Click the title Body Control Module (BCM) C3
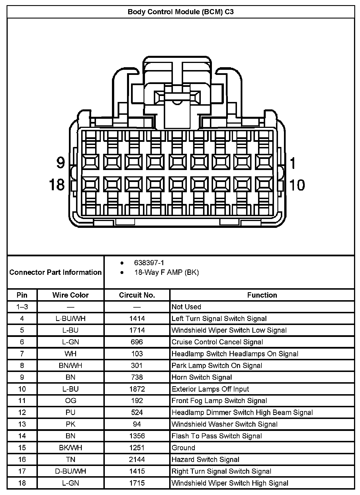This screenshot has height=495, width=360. pyautogui.click(x=181, y=12)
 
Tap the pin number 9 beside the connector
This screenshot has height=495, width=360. pyautogui.click(x=60, y=163)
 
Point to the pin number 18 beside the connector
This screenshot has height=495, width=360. pyautogui.click(x=57, y=185)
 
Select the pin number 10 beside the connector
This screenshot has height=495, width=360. pyautogui.click(x=297, y=185)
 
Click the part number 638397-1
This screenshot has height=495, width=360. pyautogui.click(x=149, y=263)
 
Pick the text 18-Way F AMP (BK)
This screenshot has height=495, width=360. pyautogui.click(x=166, y=272)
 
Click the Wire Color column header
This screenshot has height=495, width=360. pyautogui.click(x=70, y=295)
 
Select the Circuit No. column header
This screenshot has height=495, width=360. pyautogui.click(x=137, y=295)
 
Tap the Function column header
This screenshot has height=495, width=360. pyautogui.click(x=262, y=295)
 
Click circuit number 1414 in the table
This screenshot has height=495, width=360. pyautogui.click(x=137, y=318)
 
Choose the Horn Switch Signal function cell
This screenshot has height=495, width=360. pyautogui.click(x=202, y=377)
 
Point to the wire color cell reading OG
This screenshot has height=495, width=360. pyautogui.click(x=70, y=401)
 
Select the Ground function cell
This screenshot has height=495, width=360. pyautogui.click(x=183, y=447)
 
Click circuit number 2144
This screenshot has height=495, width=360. pyautogui.click(x=137, y=459)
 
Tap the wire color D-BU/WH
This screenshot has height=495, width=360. pyautogui.click(x=70, y=471)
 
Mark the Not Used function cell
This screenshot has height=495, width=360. pyautogui.click(x=186, y=307)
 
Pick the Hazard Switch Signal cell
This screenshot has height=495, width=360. pyautogui.click(x=205, y=459)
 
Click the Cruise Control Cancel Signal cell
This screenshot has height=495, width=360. pyautogui.click(x=217, y=342)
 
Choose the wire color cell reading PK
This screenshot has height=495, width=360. pyautogui.click(x=70, y=424)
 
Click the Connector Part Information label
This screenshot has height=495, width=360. pyautogui.click(x=56, y=272)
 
